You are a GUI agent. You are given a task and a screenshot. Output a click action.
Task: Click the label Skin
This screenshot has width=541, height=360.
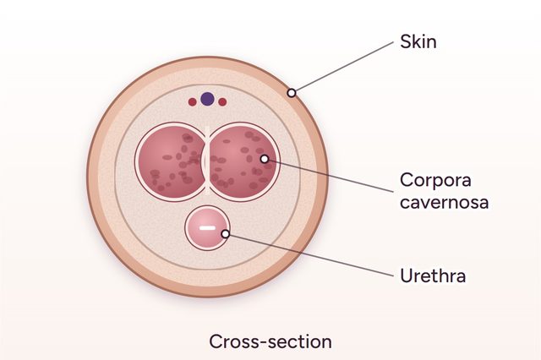418,41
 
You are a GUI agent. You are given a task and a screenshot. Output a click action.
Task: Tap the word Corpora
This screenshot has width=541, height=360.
435,180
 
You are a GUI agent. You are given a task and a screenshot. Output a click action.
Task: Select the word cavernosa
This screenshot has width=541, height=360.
445,202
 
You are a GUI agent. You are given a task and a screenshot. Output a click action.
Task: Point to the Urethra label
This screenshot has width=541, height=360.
433,275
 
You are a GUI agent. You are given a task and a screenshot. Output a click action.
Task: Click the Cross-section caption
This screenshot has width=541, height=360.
270,341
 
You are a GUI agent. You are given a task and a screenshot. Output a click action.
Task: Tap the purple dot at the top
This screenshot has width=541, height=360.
207,99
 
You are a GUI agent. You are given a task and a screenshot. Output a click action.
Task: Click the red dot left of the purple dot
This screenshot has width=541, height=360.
192,101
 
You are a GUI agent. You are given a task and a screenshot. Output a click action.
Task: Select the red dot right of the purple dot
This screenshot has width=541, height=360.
222,101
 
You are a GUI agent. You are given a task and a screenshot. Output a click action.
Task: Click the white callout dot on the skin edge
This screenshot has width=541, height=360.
292,93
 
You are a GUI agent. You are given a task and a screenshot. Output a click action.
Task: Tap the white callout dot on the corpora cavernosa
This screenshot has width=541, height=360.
265,159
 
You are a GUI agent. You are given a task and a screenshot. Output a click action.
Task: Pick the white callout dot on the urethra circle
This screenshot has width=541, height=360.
226,234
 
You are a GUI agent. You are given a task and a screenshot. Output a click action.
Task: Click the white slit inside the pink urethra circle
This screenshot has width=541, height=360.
208,227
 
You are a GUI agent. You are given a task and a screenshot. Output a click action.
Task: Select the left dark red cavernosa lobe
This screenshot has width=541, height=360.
171,161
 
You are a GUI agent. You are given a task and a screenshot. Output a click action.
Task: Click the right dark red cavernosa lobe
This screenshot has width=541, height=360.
243,161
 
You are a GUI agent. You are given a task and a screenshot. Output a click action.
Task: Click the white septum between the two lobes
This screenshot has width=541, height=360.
207,161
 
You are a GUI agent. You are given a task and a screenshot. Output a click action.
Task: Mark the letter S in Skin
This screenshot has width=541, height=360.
405,41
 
